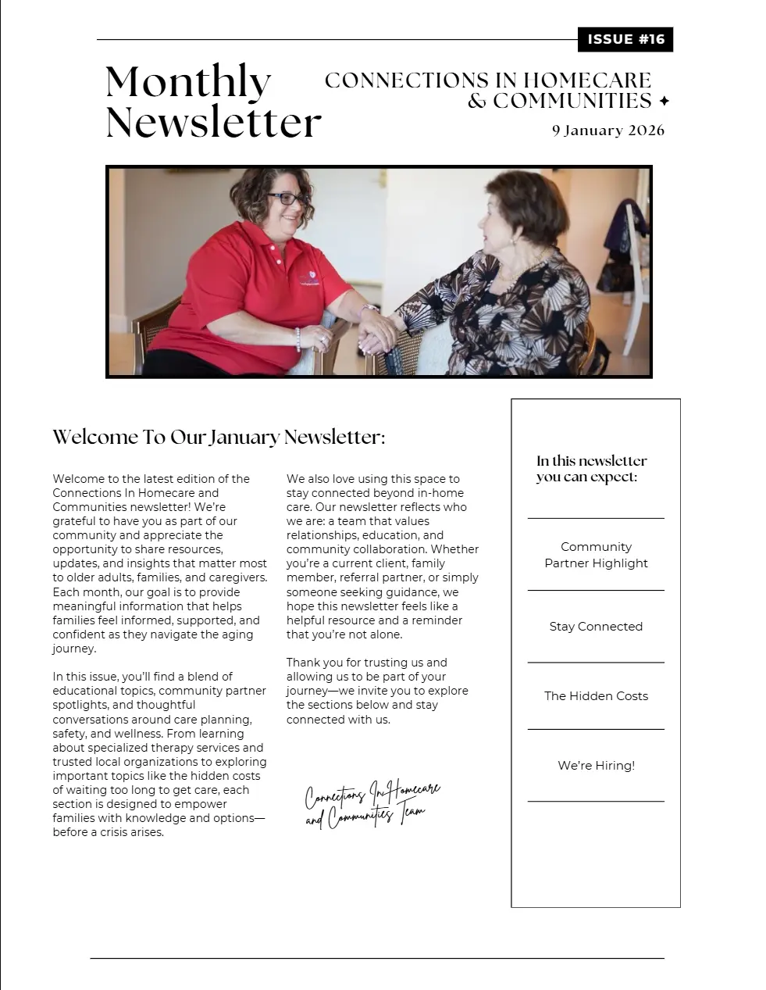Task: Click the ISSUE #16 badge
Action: click(625, 39)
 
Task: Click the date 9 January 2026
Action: click(607, 130)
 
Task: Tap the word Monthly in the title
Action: click(188, 83)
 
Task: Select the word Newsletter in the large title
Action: click(213, 123)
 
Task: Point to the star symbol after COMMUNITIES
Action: click(664, 102)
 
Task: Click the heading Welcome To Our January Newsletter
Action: click(219, 437)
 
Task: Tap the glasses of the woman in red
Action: click(287, 198)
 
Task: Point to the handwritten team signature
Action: click(372, 803)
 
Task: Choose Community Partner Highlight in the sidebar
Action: click(596, 555)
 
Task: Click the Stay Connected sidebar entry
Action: click(596, 627)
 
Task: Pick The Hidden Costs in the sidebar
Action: click(596, 696)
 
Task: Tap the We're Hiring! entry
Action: click(596, 766)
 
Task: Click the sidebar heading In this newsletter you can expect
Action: click(591, 469)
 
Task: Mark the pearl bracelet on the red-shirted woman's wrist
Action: click(297, 338)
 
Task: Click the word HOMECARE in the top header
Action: click(586, 80)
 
